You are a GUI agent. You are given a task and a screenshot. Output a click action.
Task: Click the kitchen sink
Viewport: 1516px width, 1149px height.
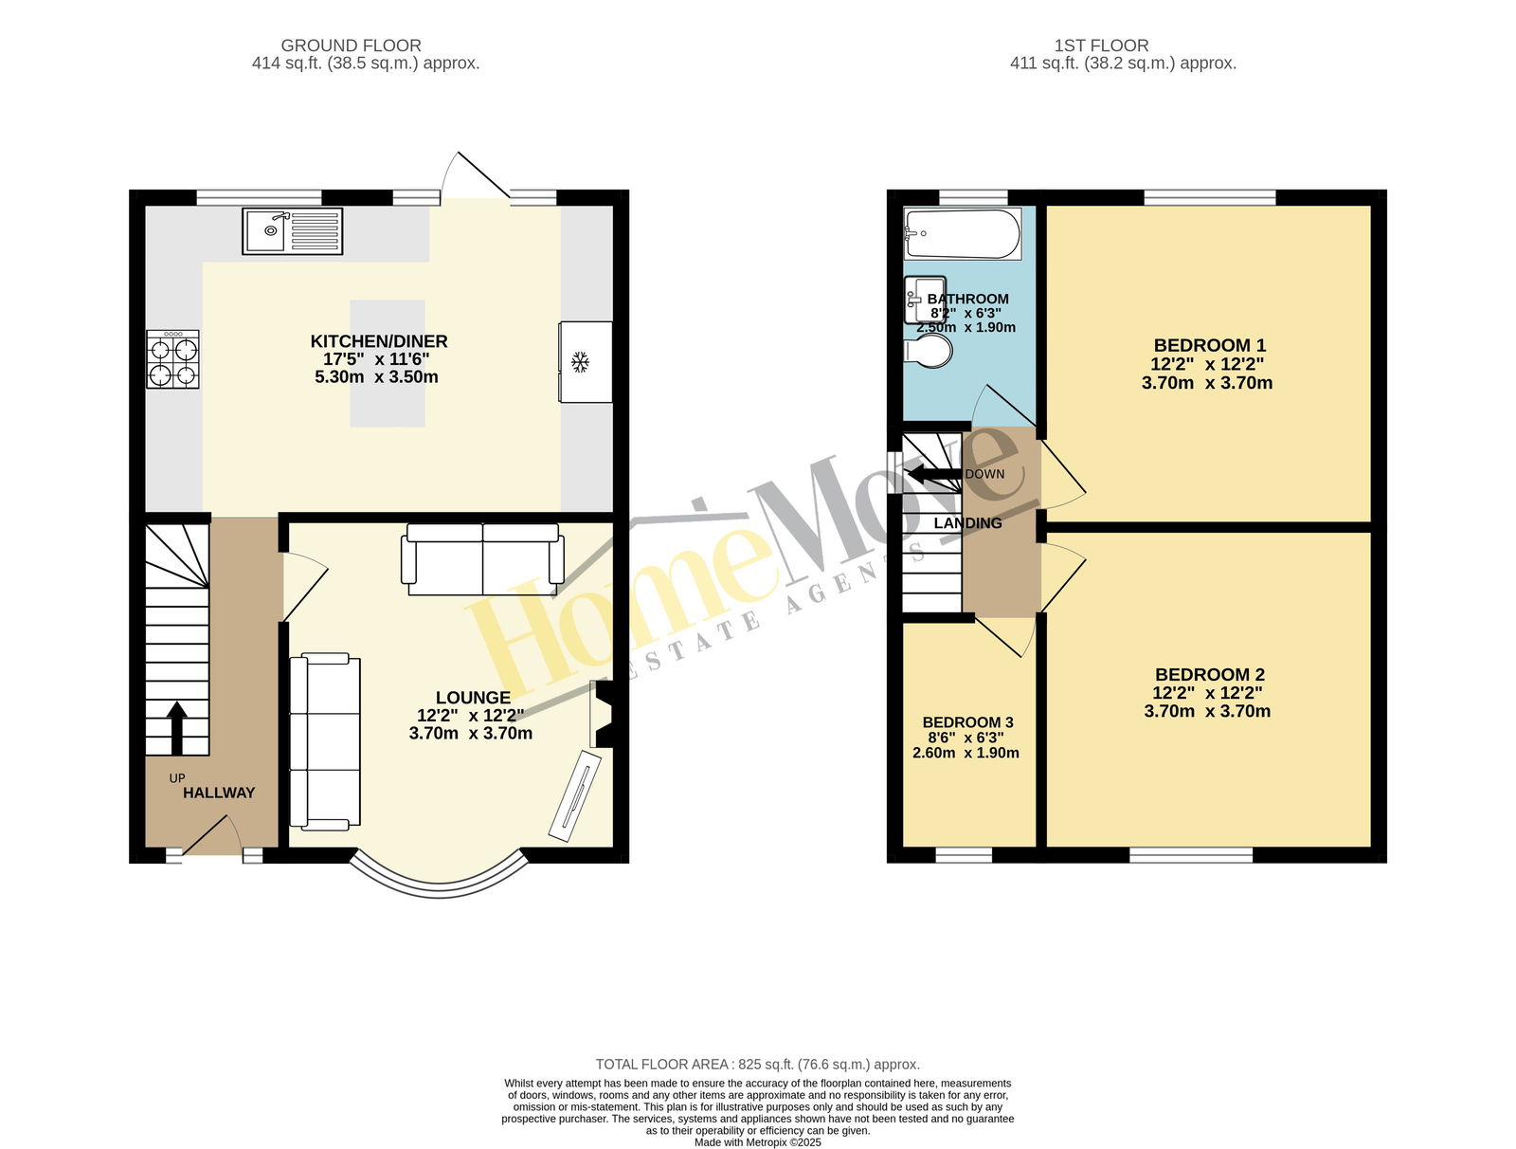[292, 230]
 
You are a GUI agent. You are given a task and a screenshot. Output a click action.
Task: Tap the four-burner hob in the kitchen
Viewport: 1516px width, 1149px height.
[172, 358]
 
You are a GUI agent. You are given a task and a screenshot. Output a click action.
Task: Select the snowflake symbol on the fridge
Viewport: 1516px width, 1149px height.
[580, 361]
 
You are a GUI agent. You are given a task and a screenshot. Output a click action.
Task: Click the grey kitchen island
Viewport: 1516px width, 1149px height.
[388, 363]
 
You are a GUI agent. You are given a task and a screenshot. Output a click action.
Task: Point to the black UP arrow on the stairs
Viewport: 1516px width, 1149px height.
[177, 727]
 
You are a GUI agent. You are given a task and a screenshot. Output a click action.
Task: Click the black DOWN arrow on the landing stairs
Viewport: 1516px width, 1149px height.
[935, 474]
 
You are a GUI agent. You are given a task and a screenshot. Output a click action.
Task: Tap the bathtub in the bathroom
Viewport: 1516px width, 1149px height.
[962, 233]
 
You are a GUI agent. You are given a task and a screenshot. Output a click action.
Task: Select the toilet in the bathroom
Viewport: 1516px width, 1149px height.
[929, 351]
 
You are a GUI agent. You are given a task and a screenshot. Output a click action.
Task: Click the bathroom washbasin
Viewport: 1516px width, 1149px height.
[925, 300]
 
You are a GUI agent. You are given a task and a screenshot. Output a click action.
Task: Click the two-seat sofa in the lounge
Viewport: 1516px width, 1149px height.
[483, 559]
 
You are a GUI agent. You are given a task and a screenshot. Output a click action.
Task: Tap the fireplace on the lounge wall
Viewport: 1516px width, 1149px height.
[601, 715]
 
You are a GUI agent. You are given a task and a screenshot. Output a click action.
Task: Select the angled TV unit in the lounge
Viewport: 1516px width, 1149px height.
[575, 795]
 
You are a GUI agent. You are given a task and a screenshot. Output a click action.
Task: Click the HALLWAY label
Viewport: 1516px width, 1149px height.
[219, 793]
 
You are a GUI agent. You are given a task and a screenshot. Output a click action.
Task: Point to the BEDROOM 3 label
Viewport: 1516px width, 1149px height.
[967, 722]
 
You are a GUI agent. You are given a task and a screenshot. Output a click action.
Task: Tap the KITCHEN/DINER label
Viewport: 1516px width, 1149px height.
[379, 341]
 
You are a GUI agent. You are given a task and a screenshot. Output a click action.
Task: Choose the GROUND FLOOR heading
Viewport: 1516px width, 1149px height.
[351, 46]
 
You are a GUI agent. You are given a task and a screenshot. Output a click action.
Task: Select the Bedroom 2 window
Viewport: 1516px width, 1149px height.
[1191, 856]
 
